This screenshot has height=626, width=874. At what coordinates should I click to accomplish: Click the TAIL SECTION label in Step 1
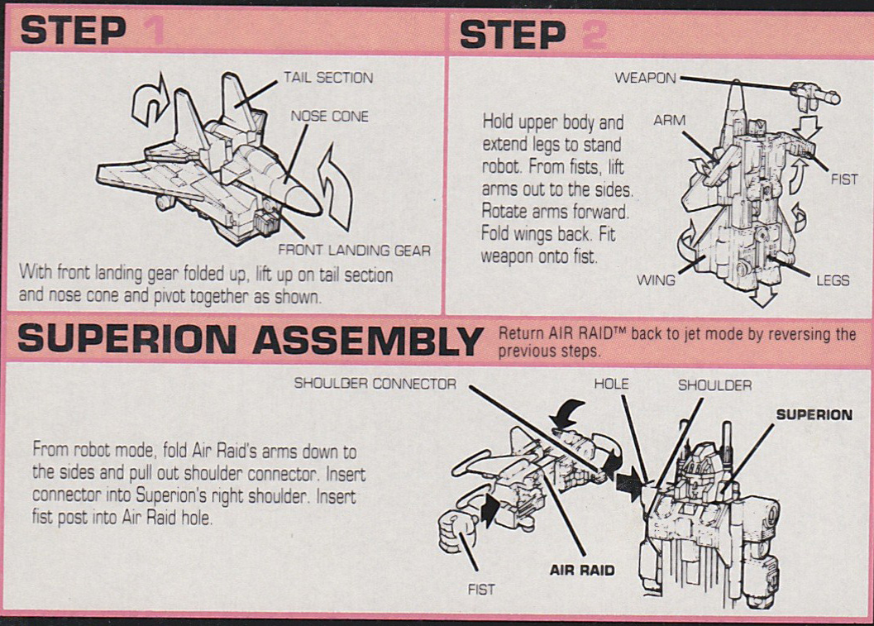pos(327,78)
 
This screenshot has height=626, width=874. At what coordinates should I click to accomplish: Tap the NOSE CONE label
pos(329,117)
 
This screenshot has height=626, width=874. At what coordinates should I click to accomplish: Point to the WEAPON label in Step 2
pos(645,79)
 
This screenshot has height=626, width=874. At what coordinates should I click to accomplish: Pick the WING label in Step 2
pos(655,280)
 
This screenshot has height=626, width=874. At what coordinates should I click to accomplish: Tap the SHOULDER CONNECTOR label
pos(375,384)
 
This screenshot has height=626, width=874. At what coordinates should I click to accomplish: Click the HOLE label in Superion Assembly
pos(611,384)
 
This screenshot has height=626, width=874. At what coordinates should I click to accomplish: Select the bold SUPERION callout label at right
pos(814,414)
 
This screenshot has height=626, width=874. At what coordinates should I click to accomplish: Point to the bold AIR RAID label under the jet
pos(582,570)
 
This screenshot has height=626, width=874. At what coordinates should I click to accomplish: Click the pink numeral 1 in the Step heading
pos(153,32)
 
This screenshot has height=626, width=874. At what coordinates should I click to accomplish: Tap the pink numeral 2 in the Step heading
pos(593,34)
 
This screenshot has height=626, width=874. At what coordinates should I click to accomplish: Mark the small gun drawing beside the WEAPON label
pos(814,94)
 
